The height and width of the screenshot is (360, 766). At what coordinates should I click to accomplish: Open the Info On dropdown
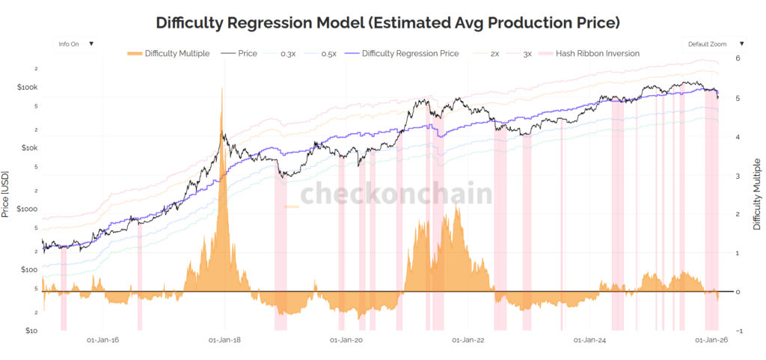point(76,43)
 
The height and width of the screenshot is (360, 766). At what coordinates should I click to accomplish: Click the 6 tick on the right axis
point(738,58)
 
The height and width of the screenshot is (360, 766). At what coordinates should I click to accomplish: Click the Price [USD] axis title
point(7,194)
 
